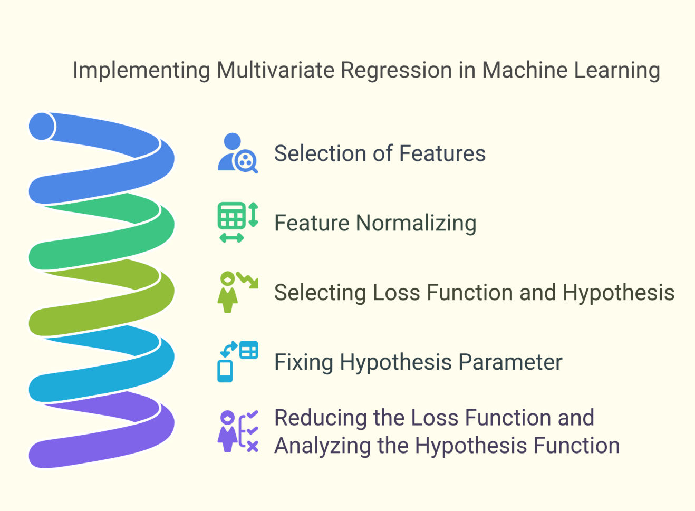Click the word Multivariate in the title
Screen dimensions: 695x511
pos(275,70)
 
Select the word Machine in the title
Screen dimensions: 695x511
pos(525,70)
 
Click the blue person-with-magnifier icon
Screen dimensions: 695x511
pos(238,153)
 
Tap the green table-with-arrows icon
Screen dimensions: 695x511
pos(238,222)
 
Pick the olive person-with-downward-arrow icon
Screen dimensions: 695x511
pos(238,292)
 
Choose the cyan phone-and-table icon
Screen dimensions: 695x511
pos(238,361)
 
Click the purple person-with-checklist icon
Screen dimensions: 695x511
pos(238,431)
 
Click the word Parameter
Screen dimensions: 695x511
pos(510,362)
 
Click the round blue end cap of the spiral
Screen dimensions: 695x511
pos(42,126)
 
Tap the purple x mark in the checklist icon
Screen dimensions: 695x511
pos(253,447)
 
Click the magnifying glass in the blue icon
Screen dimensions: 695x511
pos(246,161)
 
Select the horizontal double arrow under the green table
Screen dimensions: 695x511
pos(231,238)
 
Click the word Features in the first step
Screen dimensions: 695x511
pos(442,153)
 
